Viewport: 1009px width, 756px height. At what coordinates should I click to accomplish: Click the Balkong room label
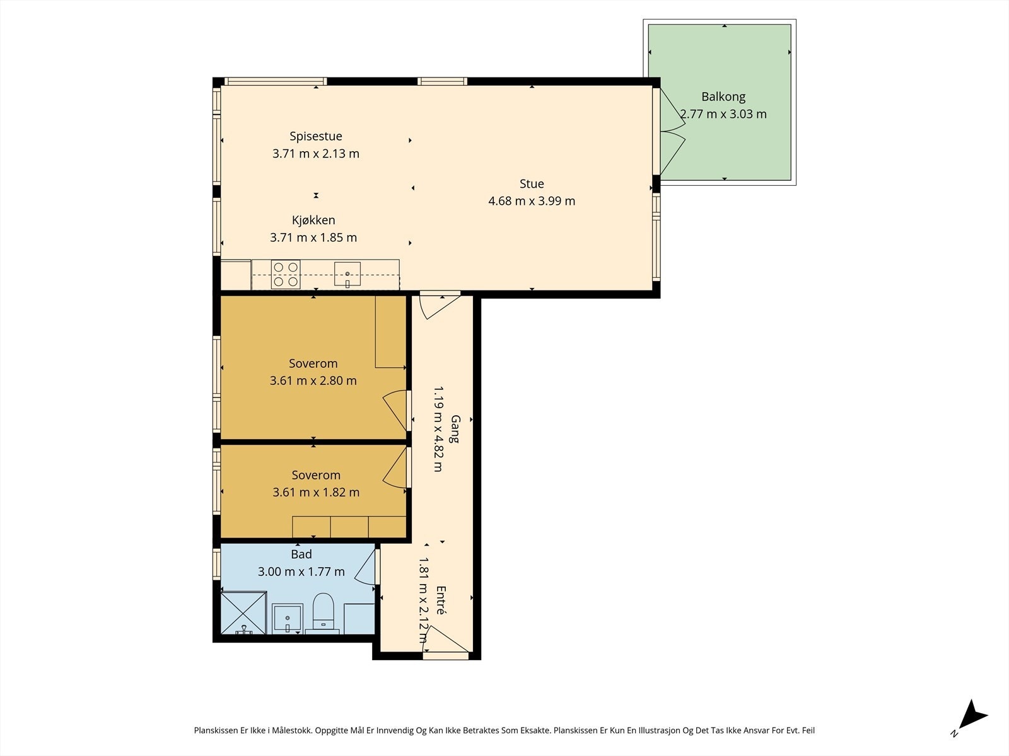click(x=723, y=97)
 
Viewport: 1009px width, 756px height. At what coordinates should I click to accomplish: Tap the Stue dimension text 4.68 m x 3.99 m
click(x=532, y=201)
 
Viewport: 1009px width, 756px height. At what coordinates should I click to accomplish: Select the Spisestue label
click(x=316, y=136)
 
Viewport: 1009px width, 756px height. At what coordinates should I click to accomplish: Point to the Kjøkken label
click(x=313, y=220)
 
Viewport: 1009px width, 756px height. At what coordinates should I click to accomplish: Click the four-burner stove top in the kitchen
click(x=286, y=275)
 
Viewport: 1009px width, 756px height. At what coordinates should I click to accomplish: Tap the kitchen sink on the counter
click(x=347, y=275)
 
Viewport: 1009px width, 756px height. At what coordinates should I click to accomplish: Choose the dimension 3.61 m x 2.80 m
click(x=313, y=381)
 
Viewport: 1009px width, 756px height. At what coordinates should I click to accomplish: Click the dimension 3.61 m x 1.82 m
click(x=316, y=492)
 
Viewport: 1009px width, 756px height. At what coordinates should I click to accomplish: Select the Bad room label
click(x=301, y=554)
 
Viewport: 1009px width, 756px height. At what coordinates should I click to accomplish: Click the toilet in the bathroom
click(x=323, y=611)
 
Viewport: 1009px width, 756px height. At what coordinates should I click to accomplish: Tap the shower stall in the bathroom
click(x=243, y=613)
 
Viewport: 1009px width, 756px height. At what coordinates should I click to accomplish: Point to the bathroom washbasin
click(x=288, y=618)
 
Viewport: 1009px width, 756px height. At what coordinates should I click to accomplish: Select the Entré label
click(x=440, y=600)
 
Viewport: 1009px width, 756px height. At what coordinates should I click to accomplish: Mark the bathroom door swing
click(x=365, y=568)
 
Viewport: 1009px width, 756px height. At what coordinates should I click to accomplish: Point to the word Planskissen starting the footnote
click(x=216, y=730)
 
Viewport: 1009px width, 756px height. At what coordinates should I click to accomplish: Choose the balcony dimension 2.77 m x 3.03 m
click(x=723, y=114)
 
